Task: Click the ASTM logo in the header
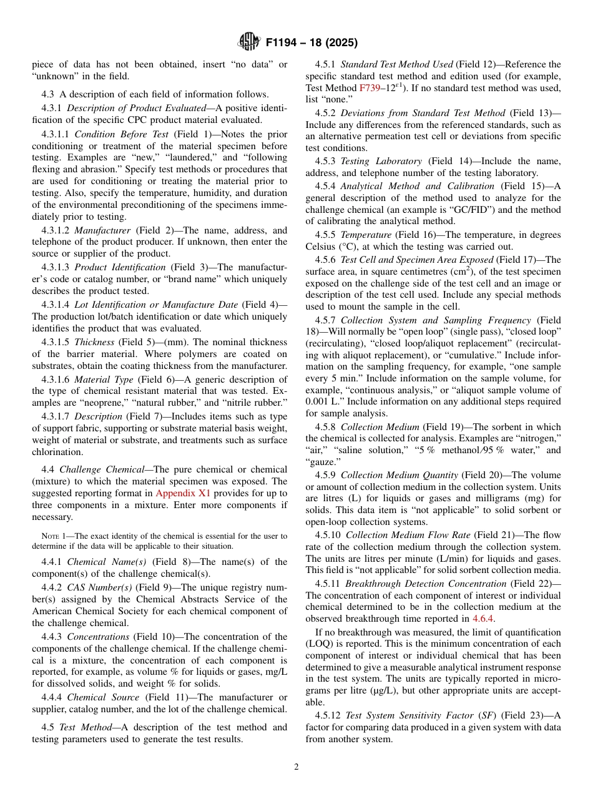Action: tap(249, 42)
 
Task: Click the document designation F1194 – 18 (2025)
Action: tap(311, 43)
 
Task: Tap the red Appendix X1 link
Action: tap(183, 493)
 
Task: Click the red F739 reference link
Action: tap(368, 89)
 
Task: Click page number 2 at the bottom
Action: tap(296, 767)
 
